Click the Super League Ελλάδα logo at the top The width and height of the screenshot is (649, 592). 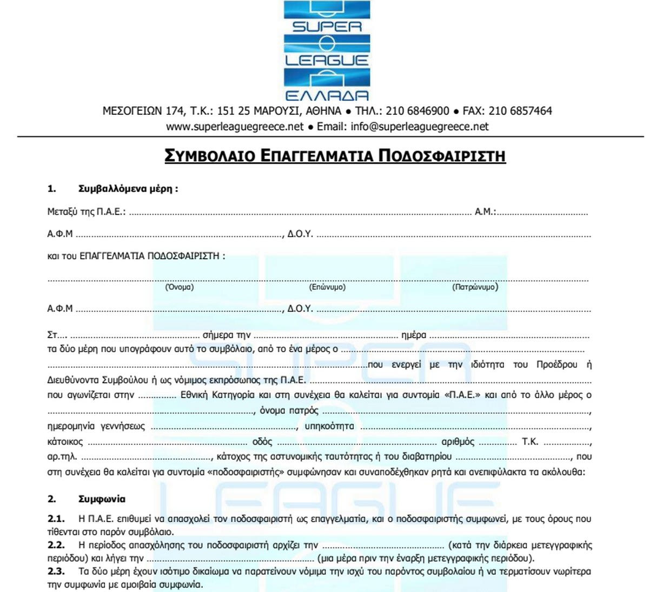click(327, 51)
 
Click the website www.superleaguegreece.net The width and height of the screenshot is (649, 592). click(235, 127)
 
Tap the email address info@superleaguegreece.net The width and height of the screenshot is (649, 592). click(419, 127)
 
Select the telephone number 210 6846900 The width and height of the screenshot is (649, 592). click(418, 111)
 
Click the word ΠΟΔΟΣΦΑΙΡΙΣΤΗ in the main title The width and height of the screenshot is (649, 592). click(442, 156)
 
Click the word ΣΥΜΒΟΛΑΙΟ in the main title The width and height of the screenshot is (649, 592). click(210, 156)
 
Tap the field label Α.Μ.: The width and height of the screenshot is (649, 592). click(485, 212)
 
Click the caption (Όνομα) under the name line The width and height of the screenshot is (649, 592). click(179, 287)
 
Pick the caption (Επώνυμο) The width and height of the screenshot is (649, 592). click(327, 287)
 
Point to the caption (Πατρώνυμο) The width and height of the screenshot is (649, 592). click(475, 287)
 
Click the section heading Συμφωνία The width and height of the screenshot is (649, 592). click(102, 499)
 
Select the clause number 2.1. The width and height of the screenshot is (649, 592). click(56, 519)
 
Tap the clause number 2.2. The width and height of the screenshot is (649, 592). click(56, 545)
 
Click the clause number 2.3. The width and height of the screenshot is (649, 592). click(56, 571)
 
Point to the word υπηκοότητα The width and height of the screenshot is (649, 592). click(329, 426)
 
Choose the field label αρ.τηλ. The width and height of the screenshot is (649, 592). click(62, 457)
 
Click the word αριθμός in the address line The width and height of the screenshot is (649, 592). click(458, 442)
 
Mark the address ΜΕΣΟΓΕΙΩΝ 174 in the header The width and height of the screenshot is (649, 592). click(143, 111)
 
